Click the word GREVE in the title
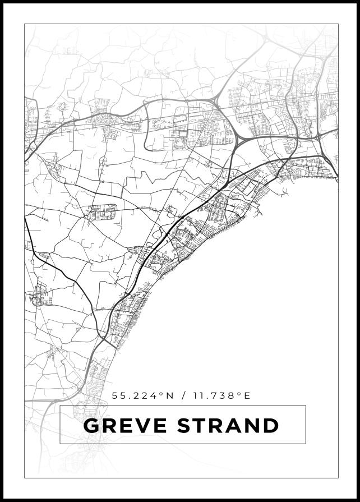pyautogui.click(x=127, y=426)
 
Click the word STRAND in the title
pyautogui.click(x=228, y=426)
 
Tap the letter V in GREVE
pyautogui.click(x=145, y=426)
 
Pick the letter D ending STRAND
pyautogui.click(x=270, y=426)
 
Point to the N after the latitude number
pyautogui.click(x=169, y=395)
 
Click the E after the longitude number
pyautogui.click(x=247, y=395)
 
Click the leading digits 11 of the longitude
pyautogui.click(x=197, y=395)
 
